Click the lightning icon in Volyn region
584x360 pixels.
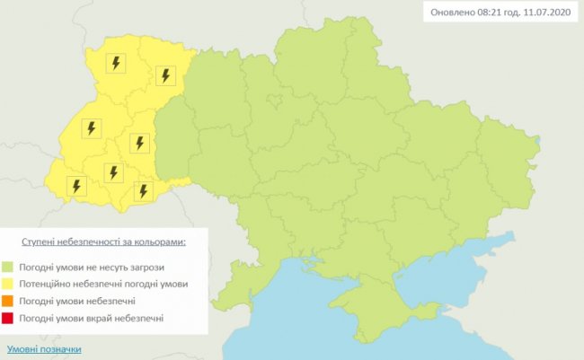click(116, 63)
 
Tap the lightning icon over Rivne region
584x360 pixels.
click(164, 75)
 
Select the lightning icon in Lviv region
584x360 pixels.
click(91, 127)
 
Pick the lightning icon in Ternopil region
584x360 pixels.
click(138, 143)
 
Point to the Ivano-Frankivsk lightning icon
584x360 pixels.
click(113, 172)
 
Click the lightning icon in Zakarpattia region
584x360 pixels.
click(76, 186)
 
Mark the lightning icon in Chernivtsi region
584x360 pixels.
click(142, 190)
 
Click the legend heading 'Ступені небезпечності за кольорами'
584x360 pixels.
click(104, 242)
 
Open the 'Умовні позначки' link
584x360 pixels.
click(44, 348)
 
